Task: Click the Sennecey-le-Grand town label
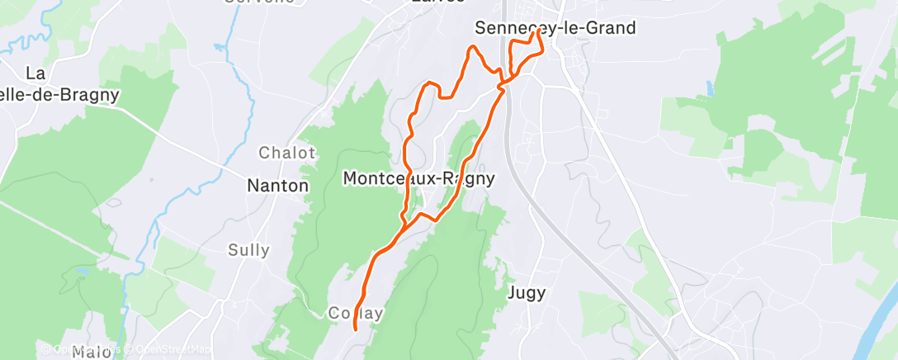point(555,28)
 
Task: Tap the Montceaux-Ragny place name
point(418,178)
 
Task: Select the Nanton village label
point(278,186)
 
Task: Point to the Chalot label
point(286,153)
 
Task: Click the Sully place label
point(248,249)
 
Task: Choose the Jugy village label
point(527,292)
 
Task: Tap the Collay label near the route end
point(356,313)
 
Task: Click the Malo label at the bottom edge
point(92,352)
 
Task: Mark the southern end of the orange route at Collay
point(356,329)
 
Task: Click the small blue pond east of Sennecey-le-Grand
point(709,87)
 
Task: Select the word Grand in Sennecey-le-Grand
point(611,28)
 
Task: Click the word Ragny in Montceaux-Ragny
point(470,178)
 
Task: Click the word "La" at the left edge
point(35,73)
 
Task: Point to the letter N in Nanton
point(253,186)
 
